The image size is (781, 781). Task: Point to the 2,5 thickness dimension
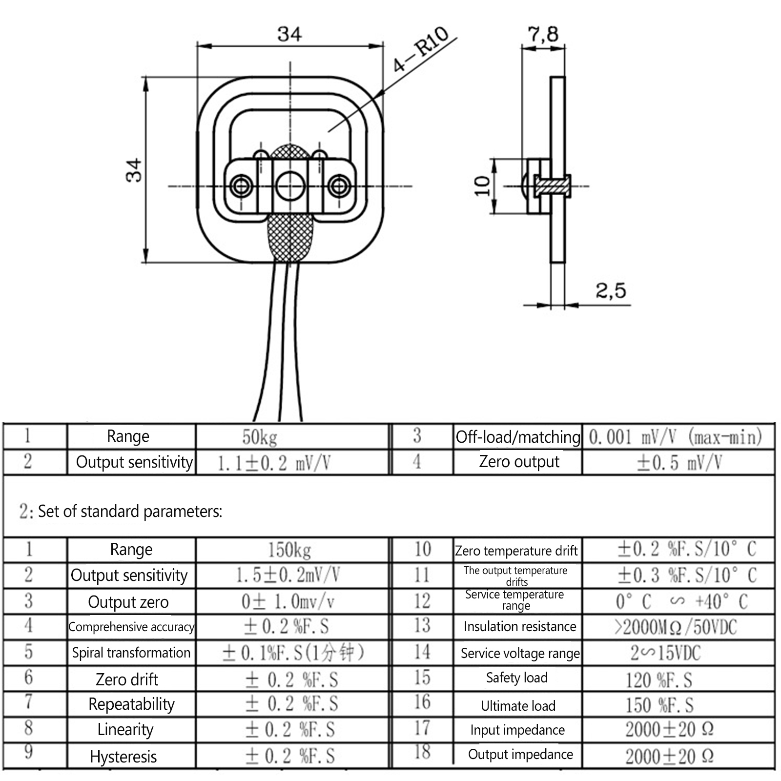click(x=610, y=291)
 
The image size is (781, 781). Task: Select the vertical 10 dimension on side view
click(x=482, y=185)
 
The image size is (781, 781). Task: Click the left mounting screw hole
click(x=241, y=186)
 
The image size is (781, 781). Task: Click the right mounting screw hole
click(x=339, y=186)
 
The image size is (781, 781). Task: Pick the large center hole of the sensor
click(x=290, y=186)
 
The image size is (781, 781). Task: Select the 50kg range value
click(x=260, y=437)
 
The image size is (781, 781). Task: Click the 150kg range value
click(x=289, y=550)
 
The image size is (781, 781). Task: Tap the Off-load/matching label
click(x=518, y=437)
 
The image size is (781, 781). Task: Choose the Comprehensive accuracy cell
click(x=131, y=627)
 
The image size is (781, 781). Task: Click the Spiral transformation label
click(x=131, y=653)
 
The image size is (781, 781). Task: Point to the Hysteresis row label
click(x=123, y=757)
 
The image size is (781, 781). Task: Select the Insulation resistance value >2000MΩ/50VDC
click(x=676, y=627)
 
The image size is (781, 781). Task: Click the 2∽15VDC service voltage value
click(x=665, y=653)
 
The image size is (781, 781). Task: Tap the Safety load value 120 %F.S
click(x=659, y=679)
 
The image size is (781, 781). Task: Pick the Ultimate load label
click(x=518, y=706)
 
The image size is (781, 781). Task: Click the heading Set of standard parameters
click(x=130, y=511)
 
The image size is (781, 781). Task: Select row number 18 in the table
click(x=422, y=752)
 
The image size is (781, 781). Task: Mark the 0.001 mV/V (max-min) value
click(x=676, y=437)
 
